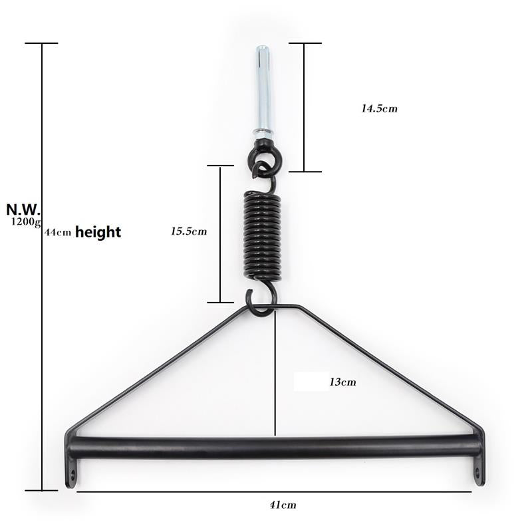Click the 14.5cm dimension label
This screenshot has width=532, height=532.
379,108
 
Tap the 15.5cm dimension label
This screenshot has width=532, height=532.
189,231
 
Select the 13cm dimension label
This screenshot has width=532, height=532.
342,382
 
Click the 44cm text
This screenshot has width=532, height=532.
58,233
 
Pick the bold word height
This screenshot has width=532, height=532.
98,232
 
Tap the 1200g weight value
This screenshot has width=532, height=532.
26,222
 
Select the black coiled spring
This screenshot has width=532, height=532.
262,234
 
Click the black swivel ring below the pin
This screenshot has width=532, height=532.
264,158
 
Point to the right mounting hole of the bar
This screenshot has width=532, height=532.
476,473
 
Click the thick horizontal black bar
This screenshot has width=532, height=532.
274,446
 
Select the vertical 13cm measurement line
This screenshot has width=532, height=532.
275,372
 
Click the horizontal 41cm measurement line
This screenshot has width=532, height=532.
274,491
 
